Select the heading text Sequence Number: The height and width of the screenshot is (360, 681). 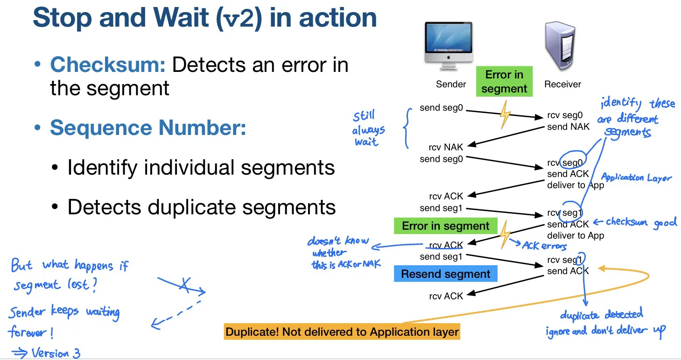(x=148, y=127)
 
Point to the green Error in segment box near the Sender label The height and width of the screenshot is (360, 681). (x=504, y=82)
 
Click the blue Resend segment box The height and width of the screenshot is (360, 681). (x=446, y=274)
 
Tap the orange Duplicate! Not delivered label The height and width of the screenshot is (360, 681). (x=342, y=332)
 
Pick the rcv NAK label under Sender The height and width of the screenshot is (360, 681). (x=446, y=147)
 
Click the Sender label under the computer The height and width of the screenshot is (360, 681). (x=450, y=84)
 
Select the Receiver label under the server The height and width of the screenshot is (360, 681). (x=562, y=84)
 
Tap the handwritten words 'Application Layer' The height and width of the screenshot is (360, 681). (x=636, y=177)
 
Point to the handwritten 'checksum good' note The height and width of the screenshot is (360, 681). (x=640, y=223)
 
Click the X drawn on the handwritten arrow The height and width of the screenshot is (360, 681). (x=185, y=285)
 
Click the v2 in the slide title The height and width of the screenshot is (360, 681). (x=241, y=18)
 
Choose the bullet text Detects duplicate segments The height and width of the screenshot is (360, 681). (x=202, y=207)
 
